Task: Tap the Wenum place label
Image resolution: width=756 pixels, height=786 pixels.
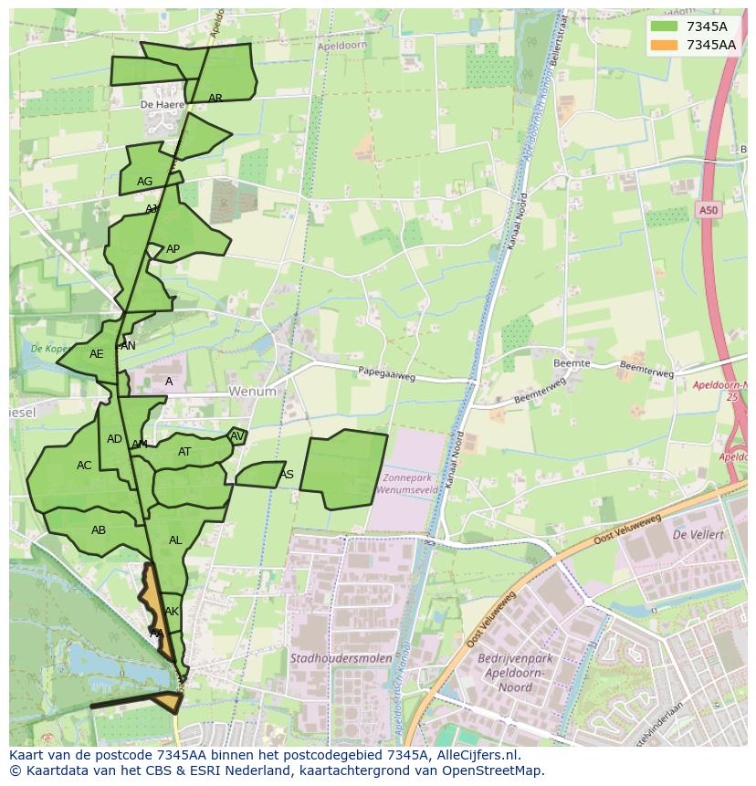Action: (252, 392)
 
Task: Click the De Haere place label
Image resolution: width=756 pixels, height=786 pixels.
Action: (157, 105)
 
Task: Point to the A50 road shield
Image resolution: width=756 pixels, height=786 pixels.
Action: (709, 211)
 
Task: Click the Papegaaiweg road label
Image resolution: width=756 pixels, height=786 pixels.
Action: (386, 373)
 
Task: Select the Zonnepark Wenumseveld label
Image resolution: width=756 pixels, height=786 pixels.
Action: (409, 484)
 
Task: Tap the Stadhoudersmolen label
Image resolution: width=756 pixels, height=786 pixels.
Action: (341, 657)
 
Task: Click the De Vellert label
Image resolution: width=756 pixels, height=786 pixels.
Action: (698, 534)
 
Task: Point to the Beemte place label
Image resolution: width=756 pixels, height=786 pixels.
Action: (572, 363)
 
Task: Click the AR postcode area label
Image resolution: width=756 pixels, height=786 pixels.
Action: (215, 98)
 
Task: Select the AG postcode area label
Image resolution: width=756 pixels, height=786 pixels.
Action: (144, 182)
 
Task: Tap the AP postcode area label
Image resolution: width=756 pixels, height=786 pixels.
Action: (173, 249)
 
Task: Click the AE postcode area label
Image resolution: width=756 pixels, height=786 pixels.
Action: (97, 354)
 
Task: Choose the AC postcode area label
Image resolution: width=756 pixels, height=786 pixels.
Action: (84, 466)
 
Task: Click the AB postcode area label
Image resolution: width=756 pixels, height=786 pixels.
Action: (99, 530)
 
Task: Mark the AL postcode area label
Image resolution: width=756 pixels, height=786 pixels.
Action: (175, 540)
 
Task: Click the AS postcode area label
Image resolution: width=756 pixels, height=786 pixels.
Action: (287, 475)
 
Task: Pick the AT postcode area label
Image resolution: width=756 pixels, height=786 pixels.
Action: (184, 452)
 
